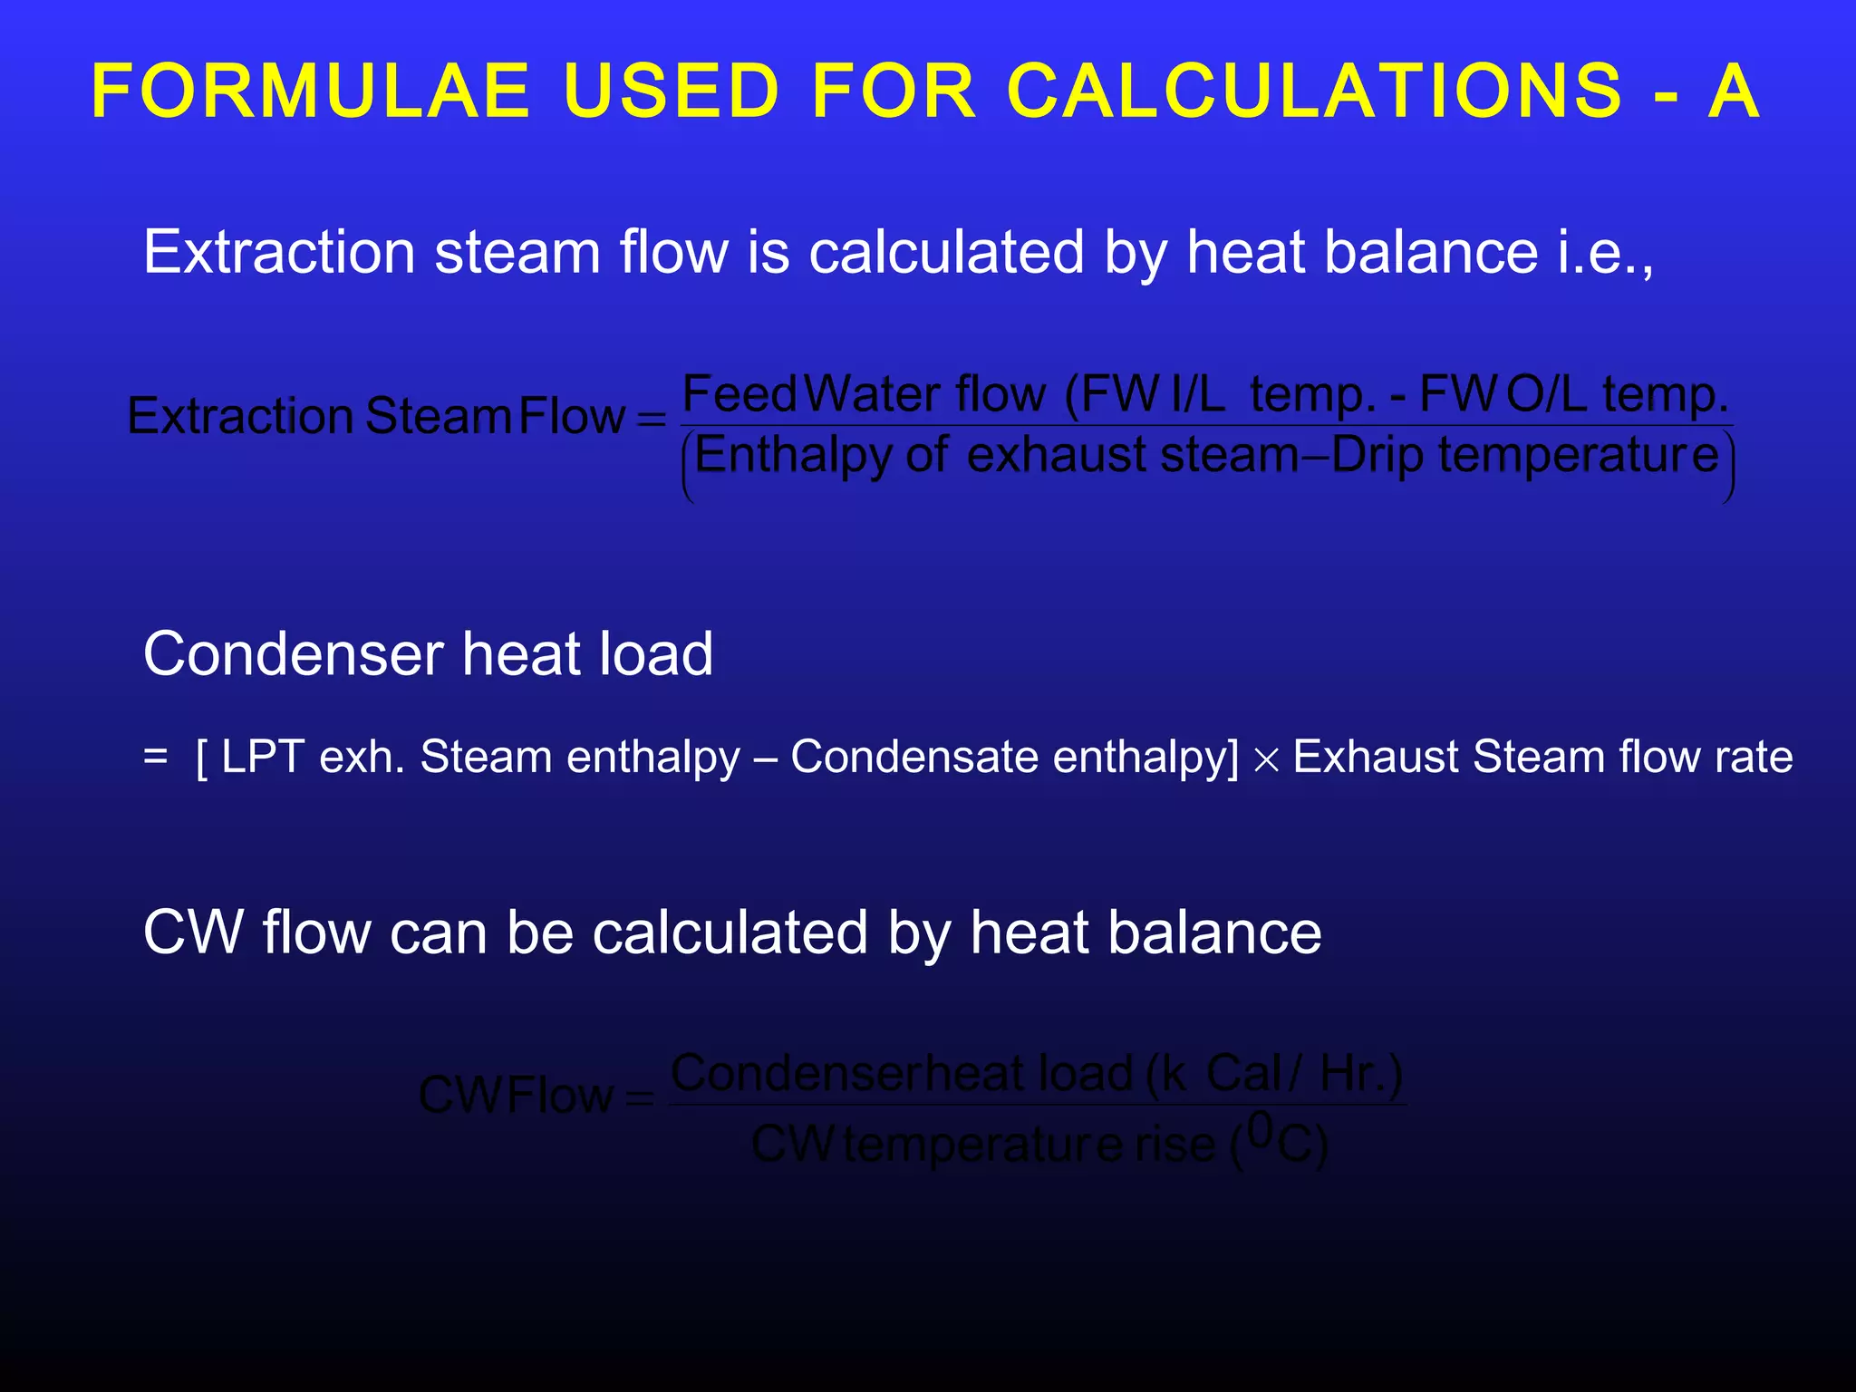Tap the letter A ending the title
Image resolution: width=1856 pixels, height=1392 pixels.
pyautogui.click(x=1734, y=92)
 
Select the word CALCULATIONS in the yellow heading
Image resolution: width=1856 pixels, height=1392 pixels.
pyautogui.click(x=1315, y=92)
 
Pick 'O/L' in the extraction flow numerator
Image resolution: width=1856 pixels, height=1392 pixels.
pyautogui.click(x=1546, y=394)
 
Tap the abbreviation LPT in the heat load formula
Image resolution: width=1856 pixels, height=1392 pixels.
pyautogui.click(x=262, y=757)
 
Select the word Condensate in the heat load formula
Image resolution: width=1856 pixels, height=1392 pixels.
pyautogui.click(x=913, y=757)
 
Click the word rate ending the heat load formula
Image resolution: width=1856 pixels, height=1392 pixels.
pyautogui.click(x=1758, y=757)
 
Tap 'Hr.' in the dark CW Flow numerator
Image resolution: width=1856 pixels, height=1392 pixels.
pyautogui.click(x=1361, y=1074)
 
